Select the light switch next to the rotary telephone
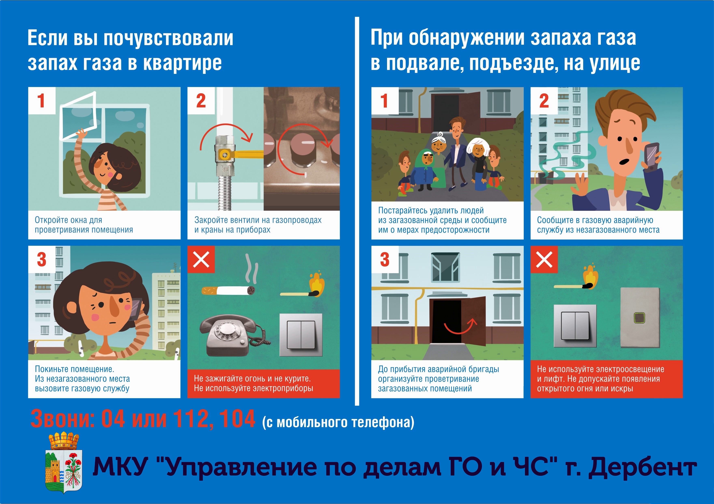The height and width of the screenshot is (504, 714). tap(301, 335)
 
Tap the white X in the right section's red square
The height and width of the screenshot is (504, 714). tap(544, 260)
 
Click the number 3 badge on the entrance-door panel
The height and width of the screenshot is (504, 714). tap(385, 260)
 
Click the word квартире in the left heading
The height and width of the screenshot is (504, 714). tap(183, 63)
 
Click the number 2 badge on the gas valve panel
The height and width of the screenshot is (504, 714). tap(201, 101)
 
